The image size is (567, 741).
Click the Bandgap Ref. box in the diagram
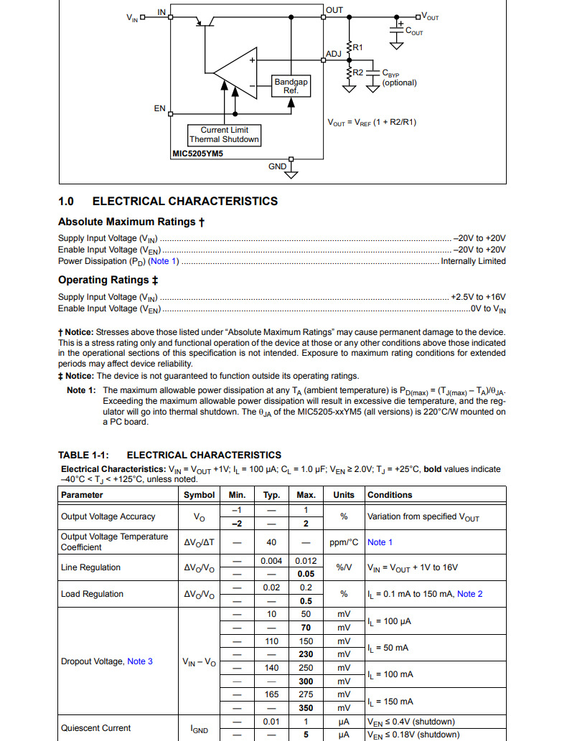tap(291, 86)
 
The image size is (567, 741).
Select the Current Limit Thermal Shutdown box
tap(224, 135)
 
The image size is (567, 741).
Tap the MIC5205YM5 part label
tap(197, 154)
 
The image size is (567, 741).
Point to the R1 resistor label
tap(357, 47)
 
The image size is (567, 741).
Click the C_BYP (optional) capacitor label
tap(399, 78)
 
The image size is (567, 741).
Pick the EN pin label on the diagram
tap(159, 109)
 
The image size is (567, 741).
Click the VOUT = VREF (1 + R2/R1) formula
tap(372, 122)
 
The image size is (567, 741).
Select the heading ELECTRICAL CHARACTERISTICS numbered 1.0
tap(167, 202)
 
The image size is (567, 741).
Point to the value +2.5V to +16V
tap(478, 297)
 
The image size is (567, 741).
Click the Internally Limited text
tap(473, 261)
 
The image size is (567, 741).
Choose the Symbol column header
tap(199, 495)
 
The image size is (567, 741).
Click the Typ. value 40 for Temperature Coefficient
tap(271, 542)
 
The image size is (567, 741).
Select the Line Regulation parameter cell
tap(90, 567)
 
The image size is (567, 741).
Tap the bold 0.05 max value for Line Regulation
tap(306, 575)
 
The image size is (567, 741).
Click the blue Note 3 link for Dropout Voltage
tap(140, 661)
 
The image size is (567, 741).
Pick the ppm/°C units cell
tap(344, 542)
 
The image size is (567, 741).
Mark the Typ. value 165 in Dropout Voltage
tap(271, 694)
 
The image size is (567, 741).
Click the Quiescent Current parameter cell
tap(95, 728)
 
